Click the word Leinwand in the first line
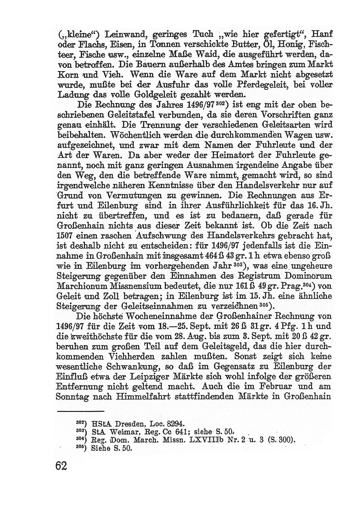coord(120,35)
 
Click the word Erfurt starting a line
coord(65,205)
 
